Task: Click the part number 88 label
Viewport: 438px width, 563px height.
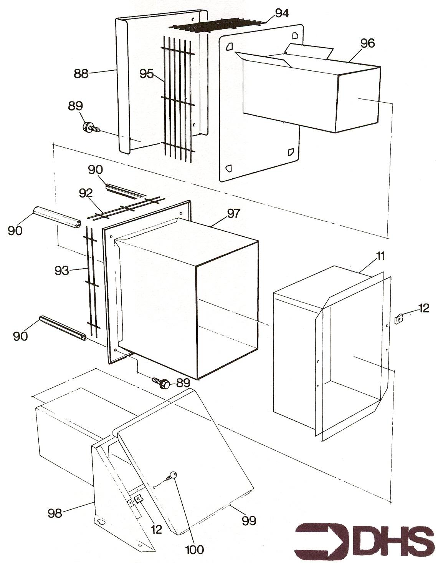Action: tap(81, 73)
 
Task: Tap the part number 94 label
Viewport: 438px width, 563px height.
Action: tap(282, 13)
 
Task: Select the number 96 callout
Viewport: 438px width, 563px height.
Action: tap(367, 43)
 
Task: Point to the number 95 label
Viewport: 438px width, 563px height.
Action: tap(147, 74)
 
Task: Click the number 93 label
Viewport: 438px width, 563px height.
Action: tap(62, 271)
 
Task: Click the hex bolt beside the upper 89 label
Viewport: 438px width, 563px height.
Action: tap(91, 127)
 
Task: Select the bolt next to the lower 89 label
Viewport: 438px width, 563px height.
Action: tap(161, 382)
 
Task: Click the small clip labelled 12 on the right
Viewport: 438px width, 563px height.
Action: tap(399, 319)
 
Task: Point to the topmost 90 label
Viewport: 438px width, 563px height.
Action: tap(95, 170)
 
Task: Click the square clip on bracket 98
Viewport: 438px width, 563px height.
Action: tap(138, 498)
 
